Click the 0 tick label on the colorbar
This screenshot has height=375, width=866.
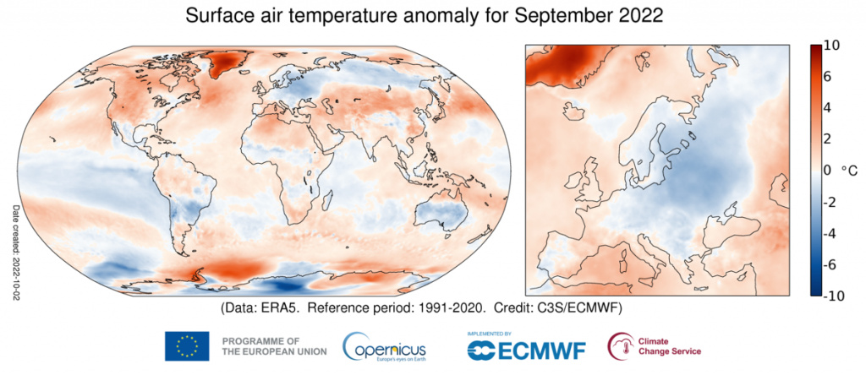coord(828,171)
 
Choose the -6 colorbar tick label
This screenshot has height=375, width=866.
coord(830,264)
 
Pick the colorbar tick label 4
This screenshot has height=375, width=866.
coord(828,108)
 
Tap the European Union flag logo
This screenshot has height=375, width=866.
coord(188,346)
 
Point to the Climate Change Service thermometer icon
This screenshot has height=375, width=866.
coord(621,345)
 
